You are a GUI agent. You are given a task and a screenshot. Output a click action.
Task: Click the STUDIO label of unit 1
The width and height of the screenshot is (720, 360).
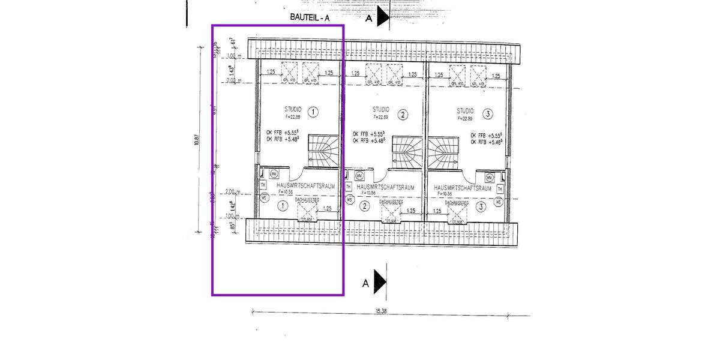click(x=293, y=110)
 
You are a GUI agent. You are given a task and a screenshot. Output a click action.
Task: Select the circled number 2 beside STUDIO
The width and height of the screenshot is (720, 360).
click(x=403, y=115)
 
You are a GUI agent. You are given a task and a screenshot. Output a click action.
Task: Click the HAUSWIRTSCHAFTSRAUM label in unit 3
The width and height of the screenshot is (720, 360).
click(x=463, y=188)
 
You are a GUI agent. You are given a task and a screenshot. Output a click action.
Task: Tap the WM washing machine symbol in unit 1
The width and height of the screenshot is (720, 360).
click(x=274, y=174)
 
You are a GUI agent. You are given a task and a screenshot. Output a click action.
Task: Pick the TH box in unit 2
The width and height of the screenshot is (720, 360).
click(x=349, y=187)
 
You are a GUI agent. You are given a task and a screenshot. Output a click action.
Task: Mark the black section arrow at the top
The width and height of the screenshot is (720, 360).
click(x=383, y=17)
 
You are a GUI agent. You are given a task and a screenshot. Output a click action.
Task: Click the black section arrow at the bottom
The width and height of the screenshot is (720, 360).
click(x=380, y=280)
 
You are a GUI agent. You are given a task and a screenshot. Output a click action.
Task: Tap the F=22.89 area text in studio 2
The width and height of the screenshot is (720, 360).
click(x=380, y=118)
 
